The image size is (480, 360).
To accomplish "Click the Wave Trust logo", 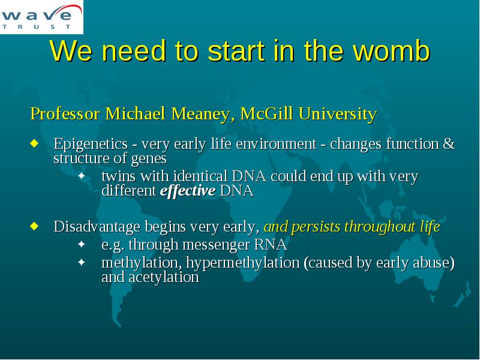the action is point(41,17).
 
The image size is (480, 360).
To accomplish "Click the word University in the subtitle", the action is point(338,114).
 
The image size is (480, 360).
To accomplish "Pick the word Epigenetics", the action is point(91,144).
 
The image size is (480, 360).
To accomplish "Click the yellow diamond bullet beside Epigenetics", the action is point(35,143).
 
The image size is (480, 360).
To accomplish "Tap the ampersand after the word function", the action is point(449,143).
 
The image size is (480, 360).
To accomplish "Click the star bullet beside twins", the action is point(82,176).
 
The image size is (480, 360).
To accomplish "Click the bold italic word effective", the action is point(188,191).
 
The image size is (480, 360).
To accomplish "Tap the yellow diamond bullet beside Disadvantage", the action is point(35,226).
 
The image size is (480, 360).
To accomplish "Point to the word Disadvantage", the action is point(97,227).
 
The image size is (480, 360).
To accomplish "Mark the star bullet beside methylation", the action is point(82,262).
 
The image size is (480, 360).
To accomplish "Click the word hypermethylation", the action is point(243,263).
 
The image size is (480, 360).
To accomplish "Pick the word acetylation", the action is point(164,277).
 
